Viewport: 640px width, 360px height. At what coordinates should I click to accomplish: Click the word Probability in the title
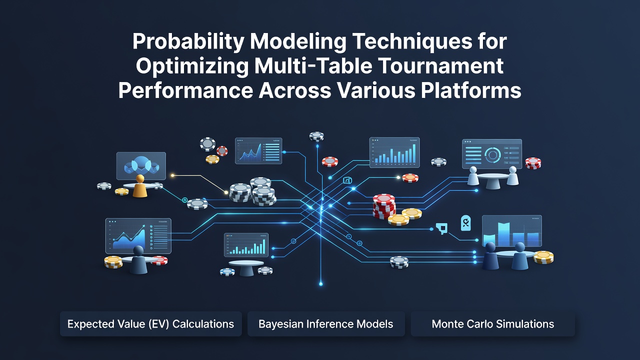pyautogui.click(x=188, y=42)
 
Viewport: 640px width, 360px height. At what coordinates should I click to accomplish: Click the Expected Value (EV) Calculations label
pyautogui.click(x=150, y=324)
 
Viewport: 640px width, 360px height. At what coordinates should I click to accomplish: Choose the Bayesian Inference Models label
pyautogui.click(x=325, y=324)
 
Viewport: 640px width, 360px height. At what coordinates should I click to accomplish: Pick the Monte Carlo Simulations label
pyautogui.click(x=492, y=324)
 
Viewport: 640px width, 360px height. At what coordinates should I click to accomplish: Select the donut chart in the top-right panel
pyautogui.click(x=492, y=154)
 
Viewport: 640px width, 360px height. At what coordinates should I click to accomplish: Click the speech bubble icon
pyautogui.click(x=441, y=228)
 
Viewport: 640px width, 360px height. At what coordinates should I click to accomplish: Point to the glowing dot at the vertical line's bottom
pyautogui.click(x=321, y=284)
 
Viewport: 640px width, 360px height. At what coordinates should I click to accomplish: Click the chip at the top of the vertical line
pyautogui.click(x=316, y=136)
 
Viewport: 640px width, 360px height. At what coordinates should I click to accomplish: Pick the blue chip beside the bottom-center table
pyautogui.click(x=227, y=271)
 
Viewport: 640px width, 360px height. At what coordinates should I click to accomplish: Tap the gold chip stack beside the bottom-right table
pyautogui.click(x=543, y=257)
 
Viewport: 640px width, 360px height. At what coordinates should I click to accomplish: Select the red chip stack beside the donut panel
pyautogui.click(x=533, y=163)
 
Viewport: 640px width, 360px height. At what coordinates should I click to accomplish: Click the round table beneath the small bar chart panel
pyautogui.click(x=246, y=267)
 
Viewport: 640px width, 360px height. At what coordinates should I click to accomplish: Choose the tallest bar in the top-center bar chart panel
pyautogui.click(x=414, y=153)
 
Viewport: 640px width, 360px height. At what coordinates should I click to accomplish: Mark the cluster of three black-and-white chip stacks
pyautogui.click(x=253, y=191)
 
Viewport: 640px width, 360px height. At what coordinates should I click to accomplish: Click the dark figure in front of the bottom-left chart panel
pyautogui.click(x=138, y=259)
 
